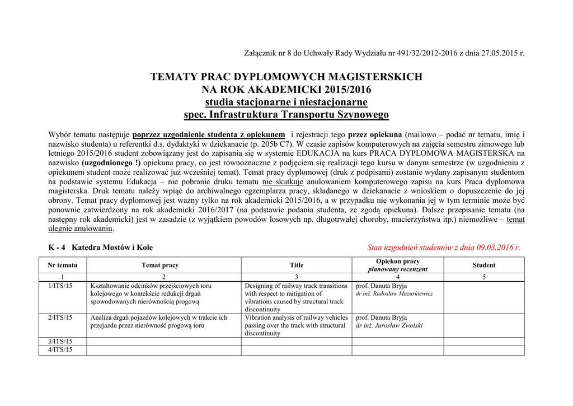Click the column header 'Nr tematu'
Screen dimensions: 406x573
63,265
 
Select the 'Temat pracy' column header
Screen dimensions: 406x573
160,265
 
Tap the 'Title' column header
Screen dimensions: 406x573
297,265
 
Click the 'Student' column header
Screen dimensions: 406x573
483,265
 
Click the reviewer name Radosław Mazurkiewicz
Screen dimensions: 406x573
400,293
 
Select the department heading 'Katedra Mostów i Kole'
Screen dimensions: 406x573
112,247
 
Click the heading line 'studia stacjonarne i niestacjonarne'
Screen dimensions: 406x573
286,102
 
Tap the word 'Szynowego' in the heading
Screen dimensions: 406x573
361,115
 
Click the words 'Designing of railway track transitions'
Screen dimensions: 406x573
296,286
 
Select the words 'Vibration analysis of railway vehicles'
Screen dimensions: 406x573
296,318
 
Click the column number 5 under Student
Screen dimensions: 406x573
483,277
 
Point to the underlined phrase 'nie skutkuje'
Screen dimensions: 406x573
283,182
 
